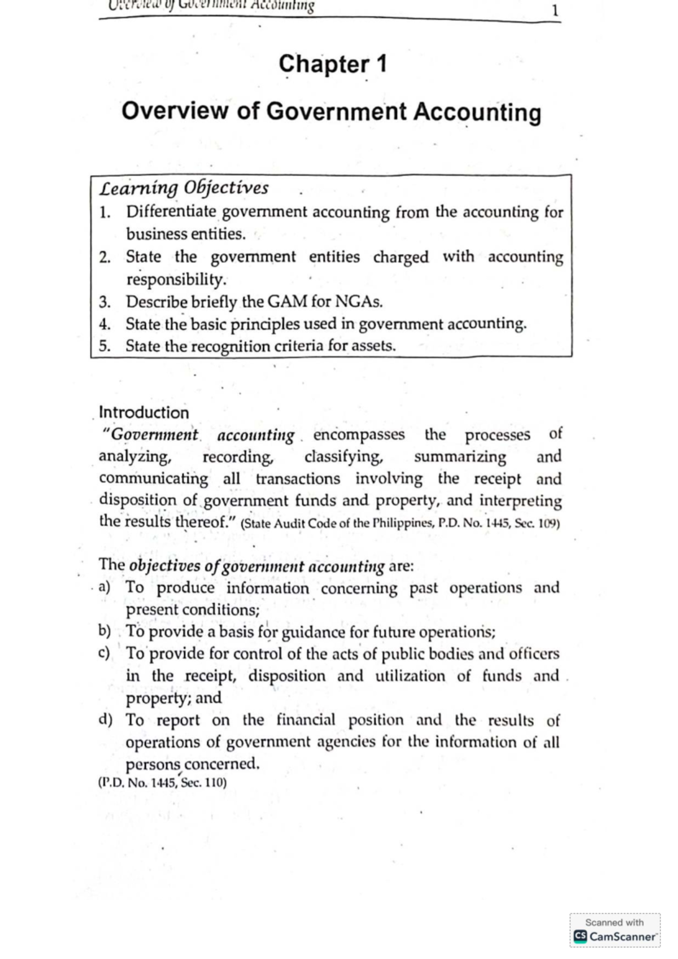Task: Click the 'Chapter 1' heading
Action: point(332,64)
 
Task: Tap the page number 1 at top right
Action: point(555,11)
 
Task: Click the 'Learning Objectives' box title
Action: point(184,188)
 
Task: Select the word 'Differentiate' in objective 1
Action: point(171,212)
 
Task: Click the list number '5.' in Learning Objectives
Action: point(105,346)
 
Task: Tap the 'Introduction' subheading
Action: point(144,412)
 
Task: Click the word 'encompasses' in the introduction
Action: point(359,434)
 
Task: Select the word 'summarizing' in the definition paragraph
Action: point(460,456)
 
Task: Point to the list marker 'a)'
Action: point(104,587)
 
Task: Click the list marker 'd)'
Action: point(105,720)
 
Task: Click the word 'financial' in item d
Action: point(306,720)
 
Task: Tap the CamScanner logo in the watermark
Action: point(580,936)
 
